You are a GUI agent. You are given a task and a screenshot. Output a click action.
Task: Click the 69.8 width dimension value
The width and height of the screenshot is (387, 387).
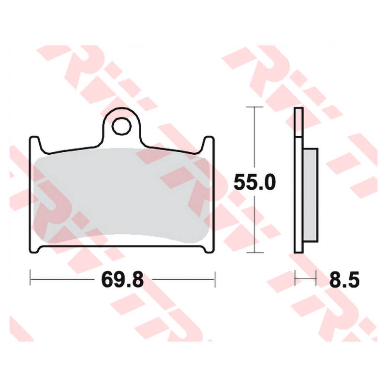point(122,280)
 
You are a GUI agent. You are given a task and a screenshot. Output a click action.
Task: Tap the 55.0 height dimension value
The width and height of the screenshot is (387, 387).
point(254,182)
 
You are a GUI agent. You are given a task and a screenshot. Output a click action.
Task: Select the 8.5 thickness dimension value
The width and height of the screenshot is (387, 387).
point(344,280)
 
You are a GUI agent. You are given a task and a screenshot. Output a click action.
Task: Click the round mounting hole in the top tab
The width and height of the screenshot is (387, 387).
point(121,126)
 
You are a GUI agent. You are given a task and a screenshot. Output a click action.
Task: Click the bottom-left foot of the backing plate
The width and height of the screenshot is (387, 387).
point(34,249)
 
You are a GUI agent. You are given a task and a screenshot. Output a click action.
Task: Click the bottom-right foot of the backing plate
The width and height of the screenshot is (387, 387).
point(209,249)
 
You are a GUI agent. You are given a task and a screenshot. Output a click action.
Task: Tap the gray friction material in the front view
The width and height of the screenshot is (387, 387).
point(121,195)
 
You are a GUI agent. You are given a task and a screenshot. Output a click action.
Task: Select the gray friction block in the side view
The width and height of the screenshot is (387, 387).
point(310,195)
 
